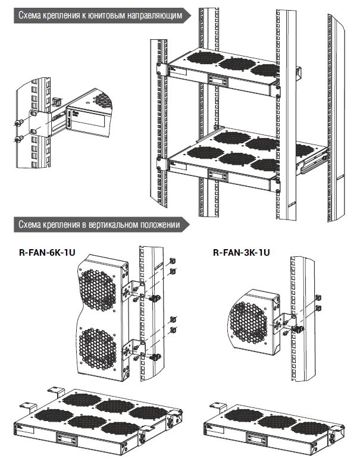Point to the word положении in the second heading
[159, 225]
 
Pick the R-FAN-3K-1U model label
[241, 253]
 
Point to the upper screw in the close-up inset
[18, 123]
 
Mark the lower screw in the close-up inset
[18, 141]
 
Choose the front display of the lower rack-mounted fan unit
[217, 175]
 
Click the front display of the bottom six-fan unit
[67, 438]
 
